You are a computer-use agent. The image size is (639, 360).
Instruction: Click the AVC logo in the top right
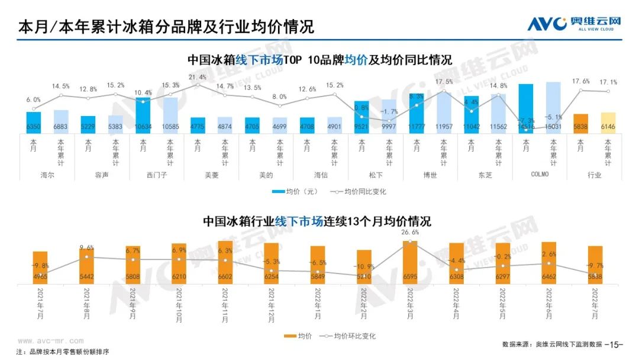coord(574,24)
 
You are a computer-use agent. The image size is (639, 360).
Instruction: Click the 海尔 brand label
coord(47,175)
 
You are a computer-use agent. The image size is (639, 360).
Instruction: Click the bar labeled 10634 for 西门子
coord(143,115)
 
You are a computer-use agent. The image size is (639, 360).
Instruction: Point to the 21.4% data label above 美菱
coord(198,77)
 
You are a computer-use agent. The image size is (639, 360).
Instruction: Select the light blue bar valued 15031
coord(553,107)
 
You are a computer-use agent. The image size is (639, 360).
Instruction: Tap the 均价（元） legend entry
coord(296,192)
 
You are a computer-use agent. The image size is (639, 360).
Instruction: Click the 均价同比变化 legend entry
coord(360,192)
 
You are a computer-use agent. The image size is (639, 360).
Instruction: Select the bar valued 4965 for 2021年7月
coord(40,267)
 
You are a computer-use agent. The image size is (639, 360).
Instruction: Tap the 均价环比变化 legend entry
coord(348,336)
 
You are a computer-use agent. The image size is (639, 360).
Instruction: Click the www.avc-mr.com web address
coord(50,341)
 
